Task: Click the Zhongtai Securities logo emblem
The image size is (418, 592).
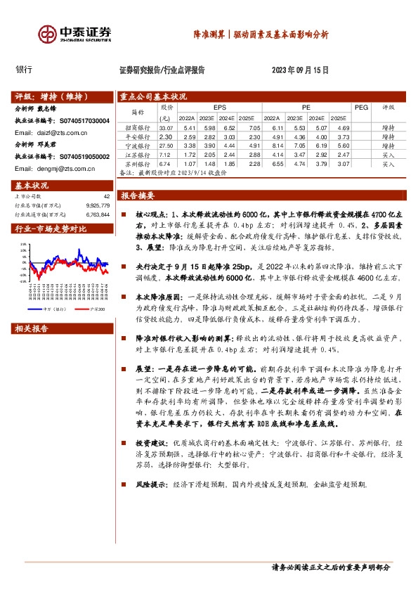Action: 48,34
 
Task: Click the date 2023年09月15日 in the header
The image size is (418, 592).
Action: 300,70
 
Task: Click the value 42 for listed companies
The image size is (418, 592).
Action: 106,197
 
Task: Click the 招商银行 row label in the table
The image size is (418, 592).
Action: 137,128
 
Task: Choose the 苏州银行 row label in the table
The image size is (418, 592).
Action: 137,163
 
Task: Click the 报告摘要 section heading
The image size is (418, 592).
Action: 138,195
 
